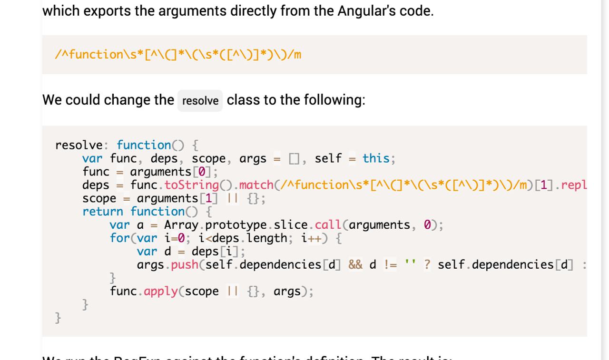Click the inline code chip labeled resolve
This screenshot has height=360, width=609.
pyautogui.click(x=200, y=101)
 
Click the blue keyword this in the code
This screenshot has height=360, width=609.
pyautogui.click(x=376, y=158)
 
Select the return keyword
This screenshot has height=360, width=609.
pyautogui.click(x=103, y=211)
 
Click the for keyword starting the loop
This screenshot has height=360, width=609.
pyautogui.click(x=117, y=238)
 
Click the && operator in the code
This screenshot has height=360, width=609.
pyautogui.click(x=355, y=264)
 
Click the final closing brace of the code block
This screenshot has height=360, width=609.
pyautogui.click(x=58, y=318)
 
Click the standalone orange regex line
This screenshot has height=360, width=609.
pyautogui.click(x=178, y=55)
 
